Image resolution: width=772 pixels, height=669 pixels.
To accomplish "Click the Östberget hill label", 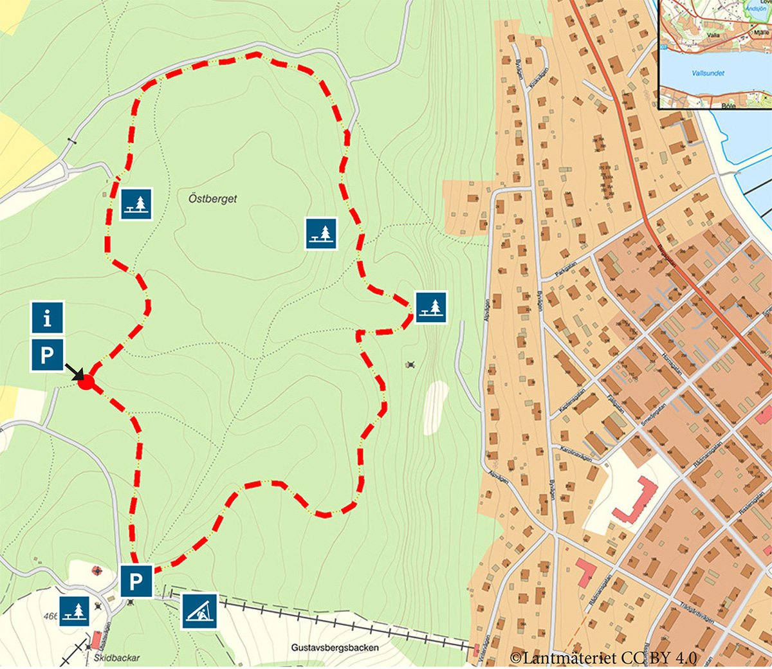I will pos(212,199).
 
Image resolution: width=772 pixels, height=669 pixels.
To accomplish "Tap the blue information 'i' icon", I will pos(47,318).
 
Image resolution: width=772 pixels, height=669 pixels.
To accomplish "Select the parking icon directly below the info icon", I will pos(47,355).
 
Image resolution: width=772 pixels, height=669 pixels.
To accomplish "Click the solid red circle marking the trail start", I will pos(86,383).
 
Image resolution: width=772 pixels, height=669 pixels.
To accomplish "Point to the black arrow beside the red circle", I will pos(73,372).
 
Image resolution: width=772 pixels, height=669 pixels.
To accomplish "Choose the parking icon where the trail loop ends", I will pos(136,582).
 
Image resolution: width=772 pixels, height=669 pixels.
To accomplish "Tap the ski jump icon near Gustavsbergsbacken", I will pos(199,611).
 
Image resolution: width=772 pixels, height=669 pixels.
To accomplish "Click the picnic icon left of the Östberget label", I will pos(136,204).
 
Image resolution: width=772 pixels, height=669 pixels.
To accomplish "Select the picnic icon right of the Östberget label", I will pos(320,233).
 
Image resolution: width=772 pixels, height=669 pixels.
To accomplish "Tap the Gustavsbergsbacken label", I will pos(335,648).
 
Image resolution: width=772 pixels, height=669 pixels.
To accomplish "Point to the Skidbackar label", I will pos(116,658).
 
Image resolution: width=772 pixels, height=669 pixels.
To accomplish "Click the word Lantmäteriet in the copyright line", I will pos(567,657).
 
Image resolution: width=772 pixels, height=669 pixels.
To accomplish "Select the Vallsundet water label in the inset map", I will pos(708,73).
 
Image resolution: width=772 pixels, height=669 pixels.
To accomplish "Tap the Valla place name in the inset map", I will pos(713,36).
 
